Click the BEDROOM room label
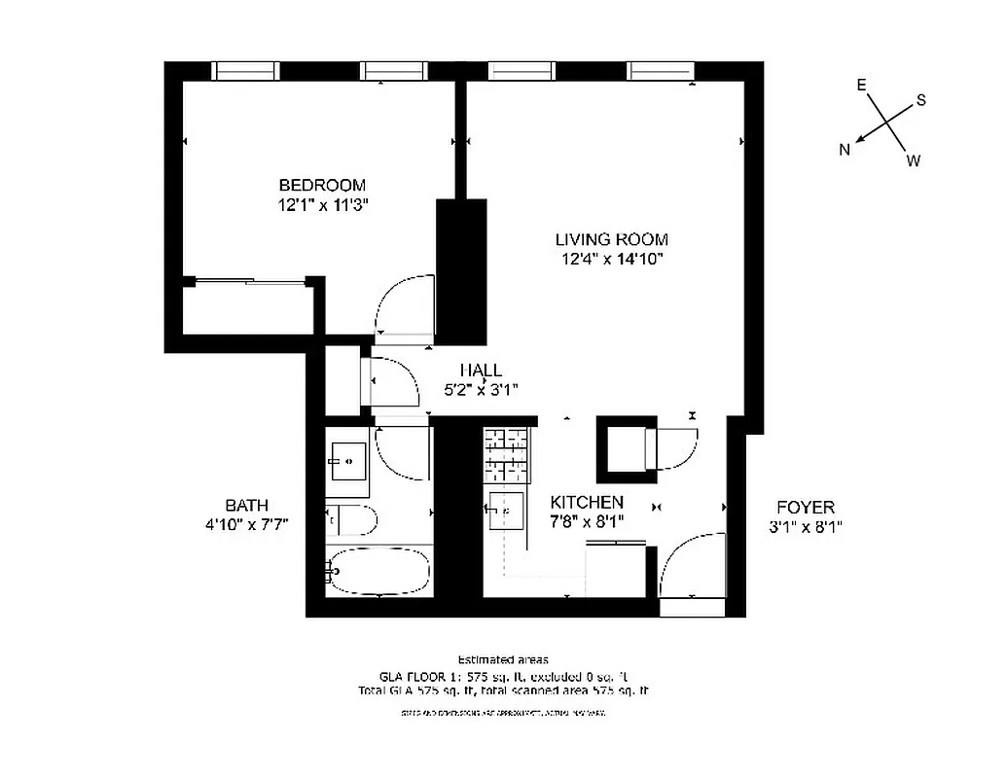pyautogui.click(x=322, y=185)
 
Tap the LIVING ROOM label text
pyautogui.click(x=611, y=239)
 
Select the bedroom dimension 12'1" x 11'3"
pyautogui.click(x=322, y=205)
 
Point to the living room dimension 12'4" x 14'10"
pyautogui.click(x=611, y=259)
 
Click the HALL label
pyautogui.click(x=481, y=371)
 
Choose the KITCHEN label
pyautogui.click(x=587, y=502)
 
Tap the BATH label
pyautogui.click(x=246, y=505)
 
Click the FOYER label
pyautogui.click(x=805, y=507)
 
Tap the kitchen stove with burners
pyautogui.click(x=507, y=453)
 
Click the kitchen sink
pyautogui.click(x=505, y=508)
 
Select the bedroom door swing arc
pyautogui.click(x=404, y=305)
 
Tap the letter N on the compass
pyautogui.click(x=845, y=149)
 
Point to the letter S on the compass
pyautogui.click(x=920, y=101)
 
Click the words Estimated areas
pyautogui.click(x=502, y=659)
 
